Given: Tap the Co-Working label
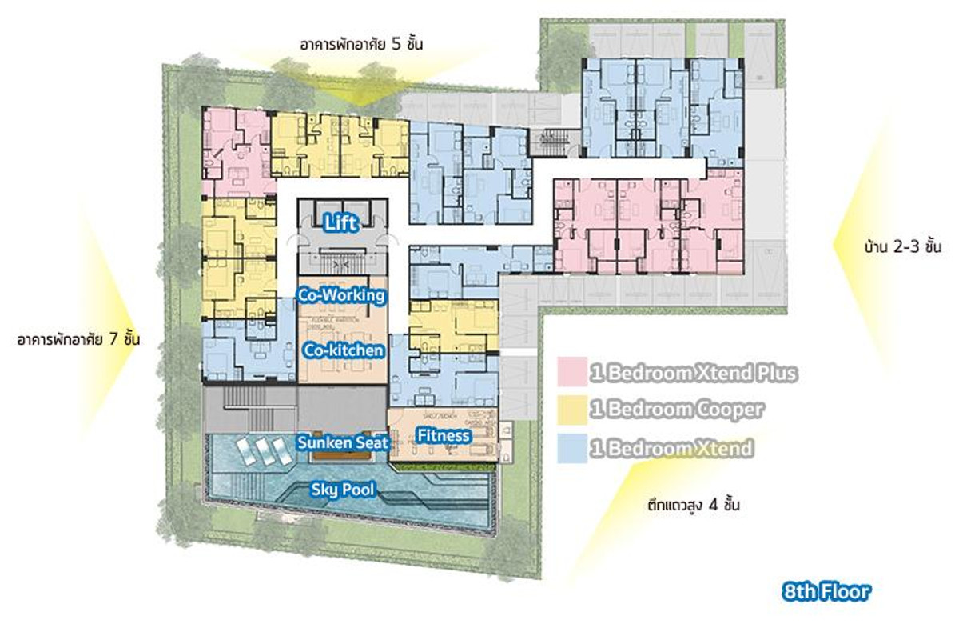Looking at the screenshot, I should (x=341, y=295).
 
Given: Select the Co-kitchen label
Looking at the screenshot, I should (x=344, y=350).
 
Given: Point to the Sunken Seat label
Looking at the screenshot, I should (x=342, y=442).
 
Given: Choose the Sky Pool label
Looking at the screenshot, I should (x=343, y=490).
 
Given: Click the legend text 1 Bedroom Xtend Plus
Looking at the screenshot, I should (x=694, y=373).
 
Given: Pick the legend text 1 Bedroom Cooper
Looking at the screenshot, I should (x=677, y=410).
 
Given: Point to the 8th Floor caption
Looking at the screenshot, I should (x=826, y=593).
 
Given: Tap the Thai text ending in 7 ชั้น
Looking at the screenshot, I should (x=78, y=340).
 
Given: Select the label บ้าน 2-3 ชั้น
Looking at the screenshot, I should (x=902, y=247).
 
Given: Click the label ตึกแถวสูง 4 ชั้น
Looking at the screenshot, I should (x=694, y=506).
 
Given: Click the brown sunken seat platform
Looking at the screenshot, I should (x=342, y=456).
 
